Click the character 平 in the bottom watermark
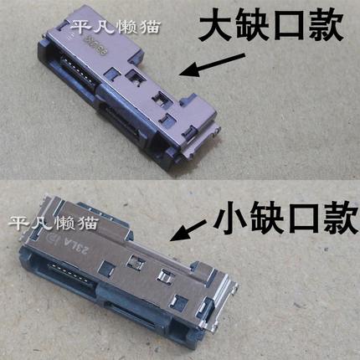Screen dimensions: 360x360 point(17,224)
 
